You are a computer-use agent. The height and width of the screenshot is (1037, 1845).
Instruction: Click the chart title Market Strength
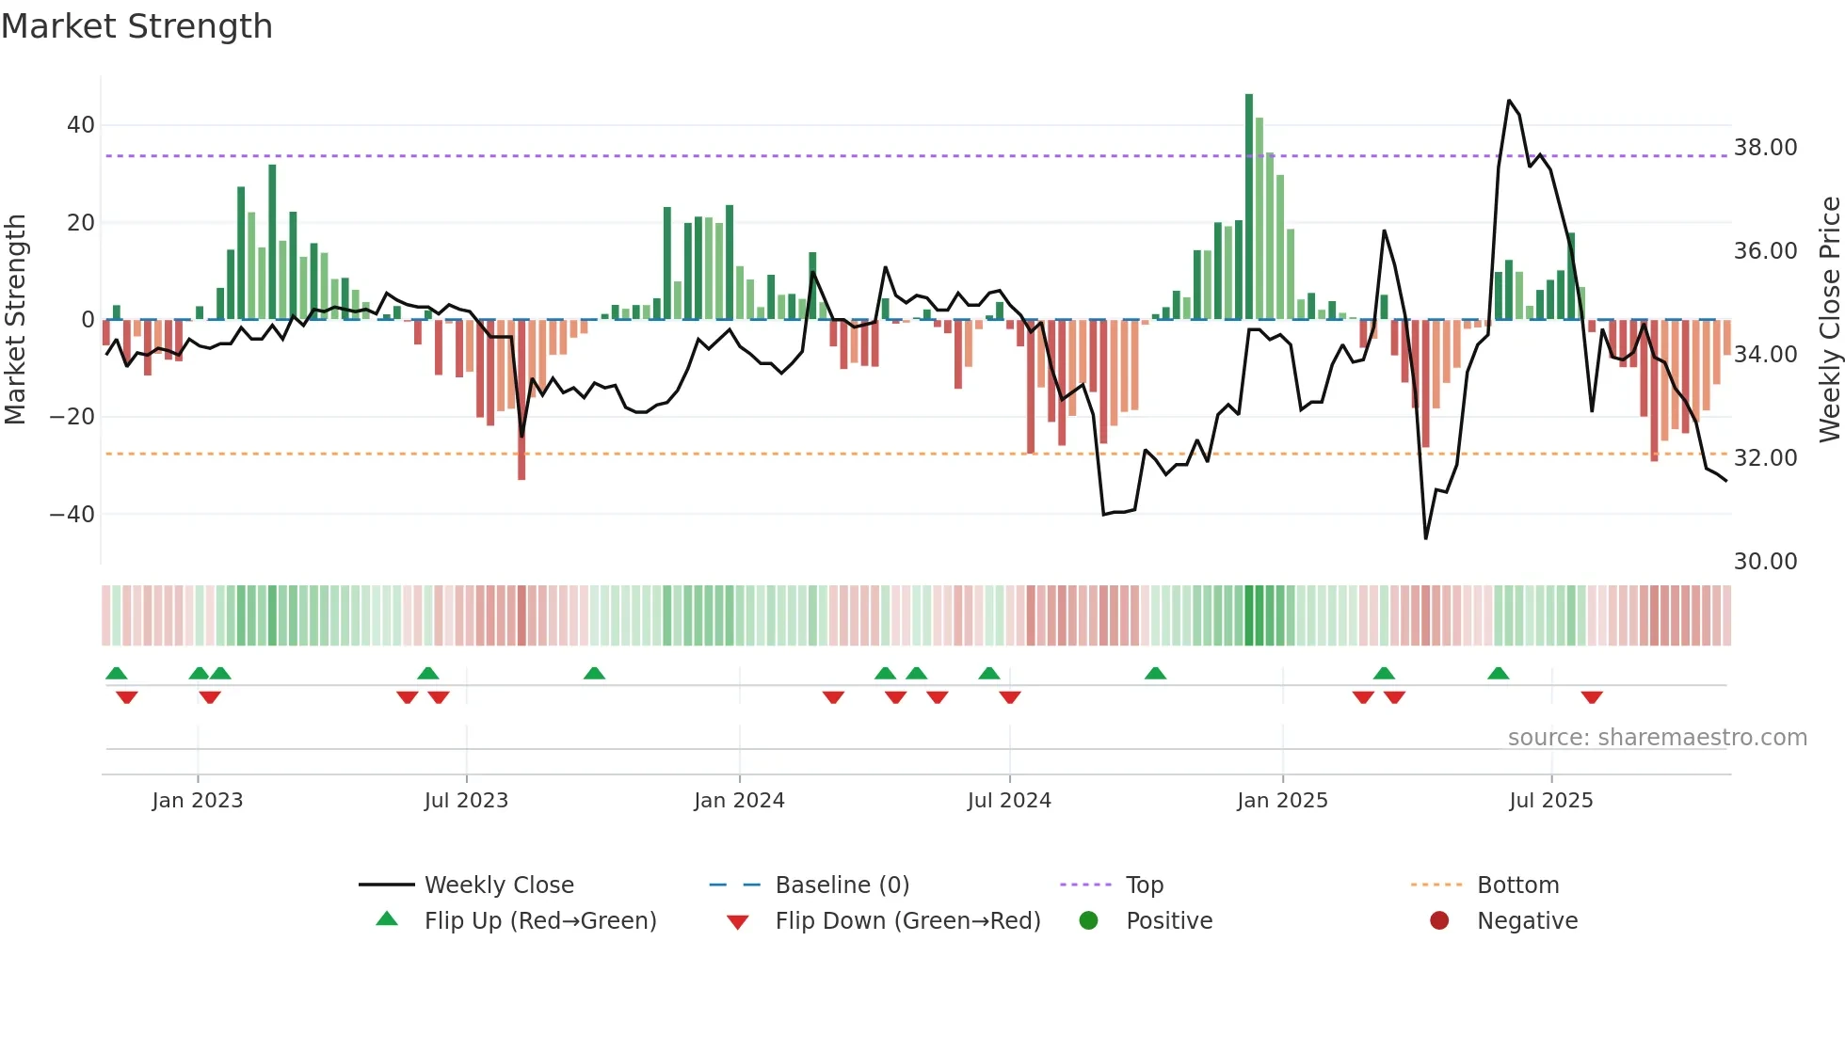[136, 26]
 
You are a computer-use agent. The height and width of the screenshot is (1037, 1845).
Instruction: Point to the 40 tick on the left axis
[81, 125]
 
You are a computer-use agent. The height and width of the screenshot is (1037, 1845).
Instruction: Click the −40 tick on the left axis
[72, 515]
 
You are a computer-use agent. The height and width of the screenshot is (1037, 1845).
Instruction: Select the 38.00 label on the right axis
[1765, 148]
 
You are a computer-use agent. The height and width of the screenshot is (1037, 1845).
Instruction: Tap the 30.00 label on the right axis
[1765, 562]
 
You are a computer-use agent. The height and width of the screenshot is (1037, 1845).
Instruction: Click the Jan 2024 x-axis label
[739, 801]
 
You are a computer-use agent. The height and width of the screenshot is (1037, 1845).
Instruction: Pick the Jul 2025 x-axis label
[1550, 801]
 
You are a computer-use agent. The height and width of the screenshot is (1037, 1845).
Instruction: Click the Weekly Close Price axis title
[1829, 320]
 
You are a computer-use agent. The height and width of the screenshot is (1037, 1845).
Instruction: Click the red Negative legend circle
[1439, 920]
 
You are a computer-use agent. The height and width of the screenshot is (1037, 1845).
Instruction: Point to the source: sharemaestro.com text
[1657, 738]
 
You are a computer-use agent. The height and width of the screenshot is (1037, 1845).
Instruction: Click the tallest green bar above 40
[1249, 97]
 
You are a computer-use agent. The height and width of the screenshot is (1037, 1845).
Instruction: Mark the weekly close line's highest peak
[1509, 101]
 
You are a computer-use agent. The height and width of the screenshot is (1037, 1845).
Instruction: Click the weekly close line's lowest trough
[1426, 538]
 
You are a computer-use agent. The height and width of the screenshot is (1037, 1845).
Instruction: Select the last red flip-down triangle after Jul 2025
[1592, 697]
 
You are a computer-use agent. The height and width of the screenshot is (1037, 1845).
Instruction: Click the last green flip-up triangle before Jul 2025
[1499, 673]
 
